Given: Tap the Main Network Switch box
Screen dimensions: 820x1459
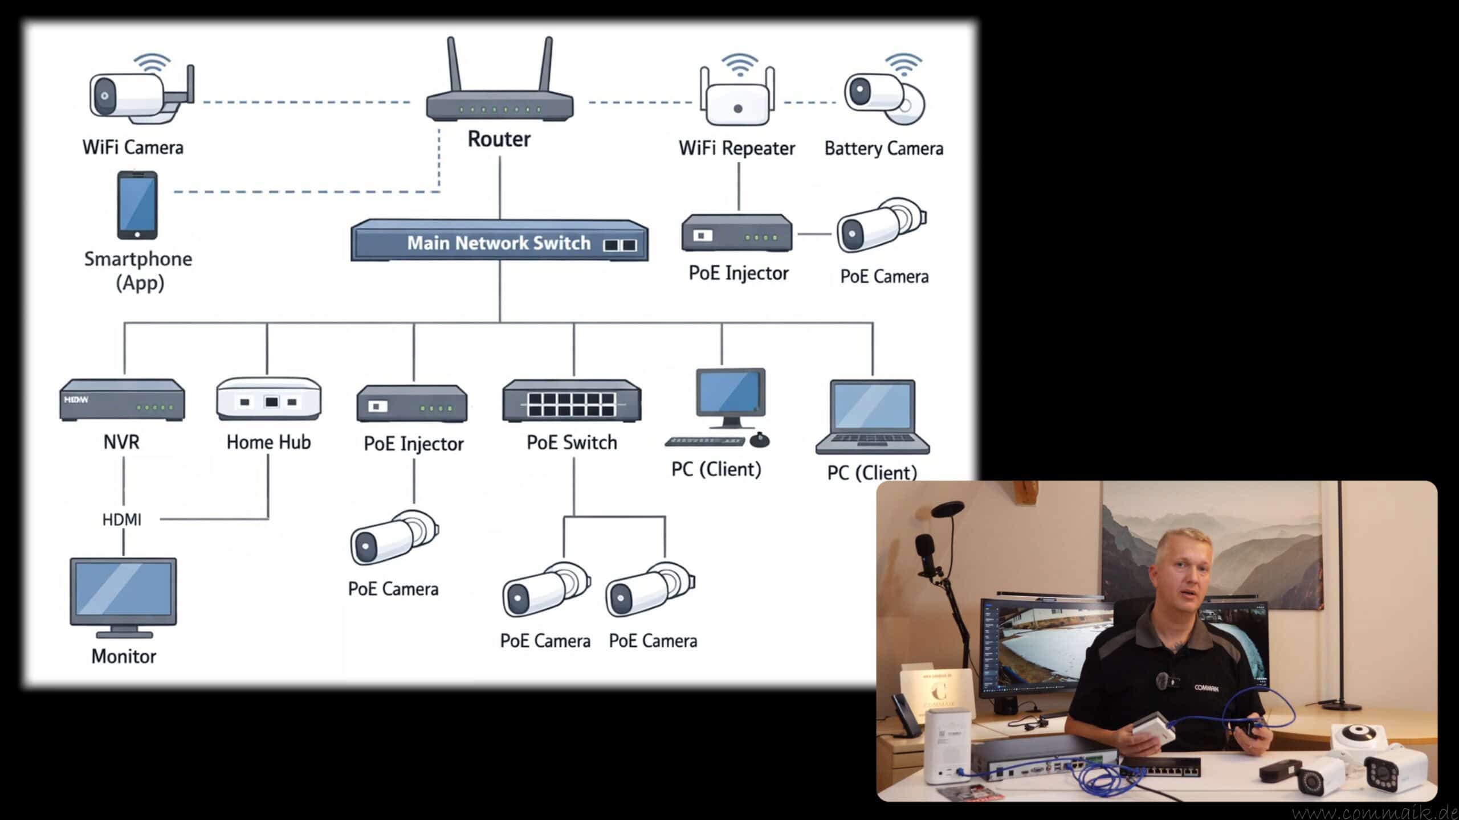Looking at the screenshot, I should click(x=499, y=241).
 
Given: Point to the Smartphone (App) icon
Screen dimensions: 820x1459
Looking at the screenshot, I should click(x=137, y=205).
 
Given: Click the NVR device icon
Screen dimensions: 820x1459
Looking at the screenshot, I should click(x=122, y=400).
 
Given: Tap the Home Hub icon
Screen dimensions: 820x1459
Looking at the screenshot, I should click(x=268, y=399).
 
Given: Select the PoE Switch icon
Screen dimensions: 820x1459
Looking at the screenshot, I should click(x=572, y=401).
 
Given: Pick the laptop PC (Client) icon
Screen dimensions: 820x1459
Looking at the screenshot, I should click(x=872, y=417).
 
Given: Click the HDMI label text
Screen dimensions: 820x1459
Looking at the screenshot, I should click(x=122, y=519).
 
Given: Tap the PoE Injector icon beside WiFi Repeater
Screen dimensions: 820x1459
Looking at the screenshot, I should click(x=737, y=233).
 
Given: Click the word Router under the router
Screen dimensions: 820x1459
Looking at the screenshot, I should click(x=499, y=139).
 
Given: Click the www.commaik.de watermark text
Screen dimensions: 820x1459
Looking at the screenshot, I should click(x=1374, y=812).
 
